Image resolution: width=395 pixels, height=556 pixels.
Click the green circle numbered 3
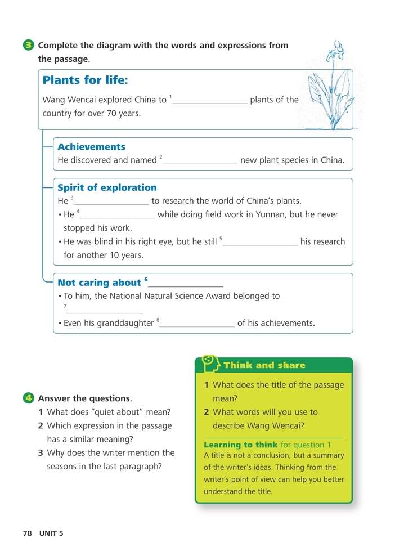29,46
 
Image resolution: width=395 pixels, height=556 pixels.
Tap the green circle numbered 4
29,398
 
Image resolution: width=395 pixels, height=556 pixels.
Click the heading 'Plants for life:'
86,80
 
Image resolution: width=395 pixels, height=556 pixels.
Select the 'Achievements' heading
91,147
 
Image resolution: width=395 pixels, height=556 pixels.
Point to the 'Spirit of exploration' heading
107,188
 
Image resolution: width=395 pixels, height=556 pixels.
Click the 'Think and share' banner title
264,365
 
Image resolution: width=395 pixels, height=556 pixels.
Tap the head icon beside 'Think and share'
210,363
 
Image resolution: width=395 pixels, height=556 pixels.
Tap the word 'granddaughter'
125,324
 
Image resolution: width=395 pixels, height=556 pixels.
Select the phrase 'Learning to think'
240,445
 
